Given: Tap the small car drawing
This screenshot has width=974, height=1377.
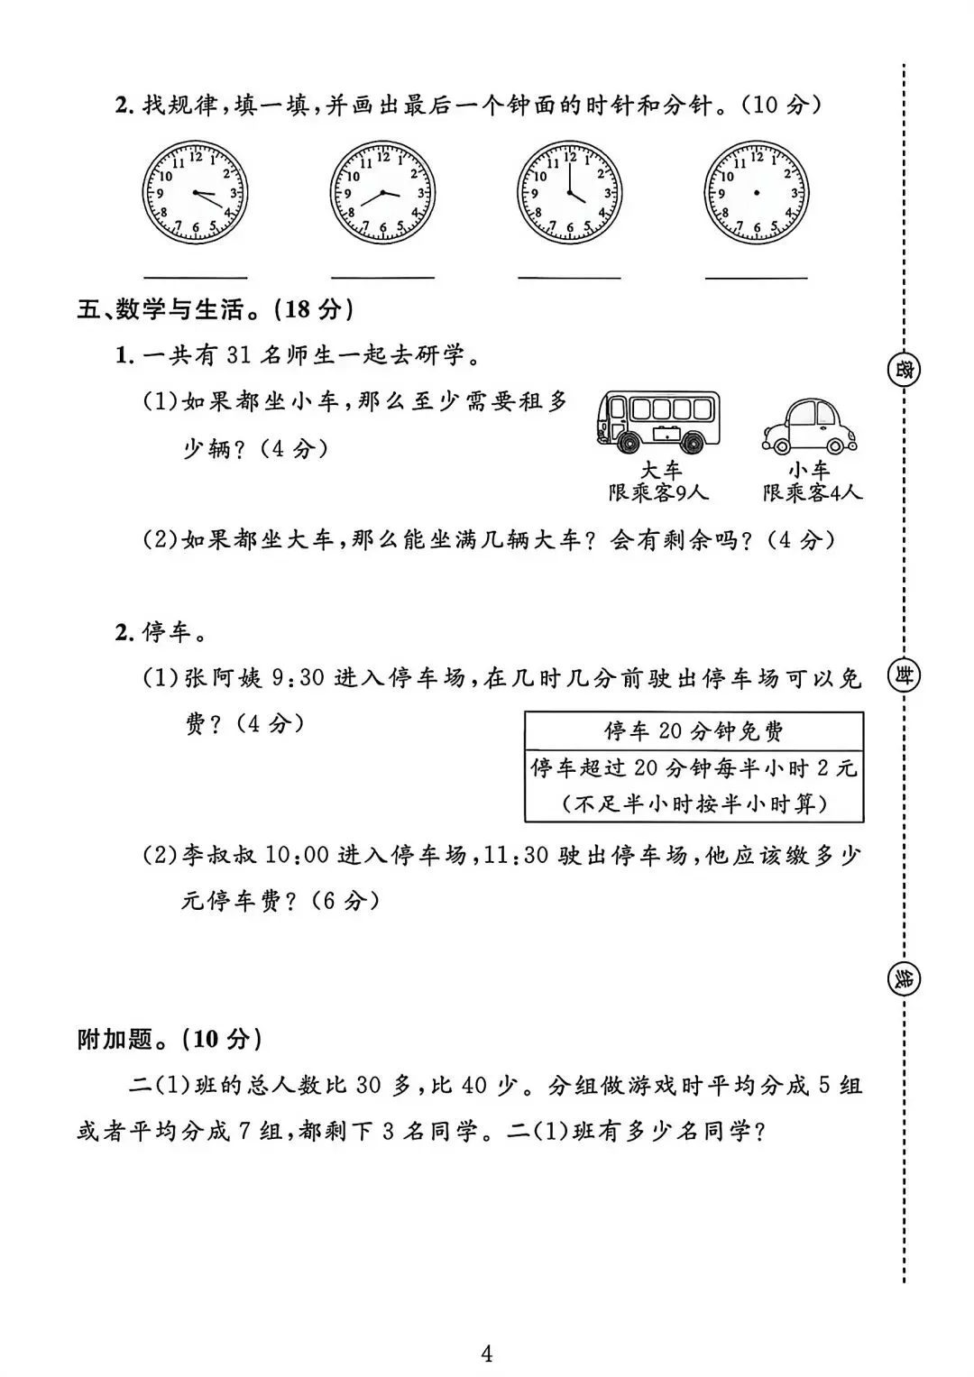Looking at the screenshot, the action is click(x=809, y=426).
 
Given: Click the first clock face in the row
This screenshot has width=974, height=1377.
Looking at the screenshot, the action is click(x=195, y=193).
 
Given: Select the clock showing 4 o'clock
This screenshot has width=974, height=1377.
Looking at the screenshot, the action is click(x=569, y=193).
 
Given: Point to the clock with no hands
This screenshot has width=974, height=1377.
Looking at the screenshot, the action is click(x=756, y=193).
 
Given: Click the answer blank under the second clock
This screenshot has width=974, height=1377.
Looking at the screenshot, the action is click(x=382, y=277).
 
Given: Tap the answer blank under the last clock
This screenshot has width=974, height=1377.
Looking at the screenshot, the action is click(x=756, y=277).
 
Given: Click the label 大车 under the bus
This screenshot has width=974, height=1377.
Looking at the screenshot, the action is click(x=661, y=471).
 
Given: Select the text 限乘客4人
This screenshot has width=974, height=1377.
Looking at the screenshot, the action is click(x=812, y=493).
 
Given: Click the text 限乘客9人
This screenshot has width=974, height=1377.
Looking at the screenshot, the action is click(x=658, y=493).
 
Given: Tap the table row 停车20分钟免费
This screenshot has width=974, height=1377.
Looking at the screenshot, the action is click(x=694, y=730).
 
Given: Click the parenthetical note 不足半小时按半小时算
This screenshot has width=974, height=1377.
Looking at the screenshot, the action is click(x=694, y=803).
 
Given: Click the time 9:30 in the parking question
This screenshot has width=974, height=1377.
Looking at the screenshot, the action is click(x=298, y=677).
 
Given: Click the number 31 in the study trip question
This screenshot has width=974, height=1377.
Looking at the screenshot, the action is click(x=238, y=354).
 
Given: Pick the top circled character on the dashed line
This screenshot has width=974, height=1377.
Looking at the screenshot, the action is click(x=903, y=371).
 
